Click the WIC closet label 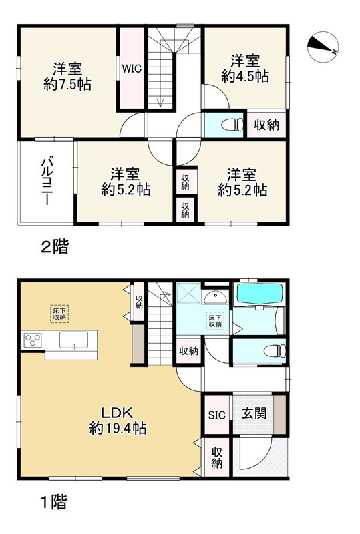[x=130, y=67]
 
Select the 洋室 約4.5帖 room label [x=244, y=67]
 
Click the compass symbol [x=324, y=45]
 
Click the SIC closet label [x=215, y=414]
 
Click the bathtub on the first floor [x=260, y=294]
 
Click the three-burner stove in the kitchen [x=32, y=340]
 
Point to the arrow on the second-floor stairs [x=160, y=101]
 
